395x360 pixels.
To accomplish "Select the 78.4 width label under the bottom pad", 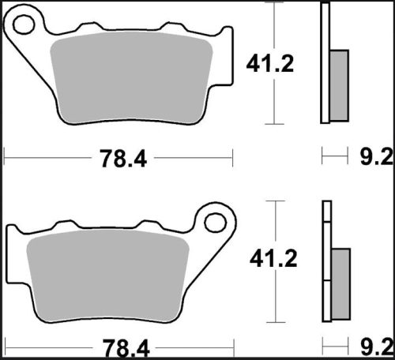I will (x=123, y=345).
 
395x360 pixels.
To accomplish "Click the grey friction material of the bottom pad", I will (x=107, y=272).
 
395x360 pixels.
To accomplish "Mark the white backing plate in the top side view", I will (x=324, y=63).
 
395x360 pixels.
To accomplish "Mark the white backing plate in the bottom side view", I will (x=324, y=261).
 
